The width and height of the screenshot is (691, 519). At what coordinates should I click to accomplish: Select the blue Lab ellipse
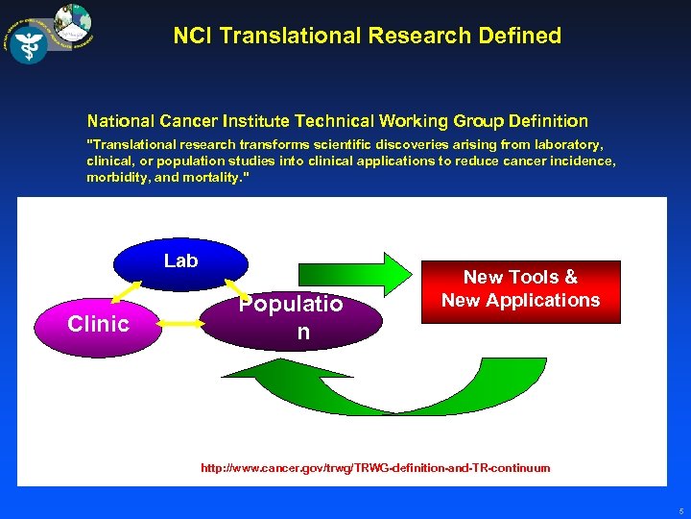(x=180, y=262)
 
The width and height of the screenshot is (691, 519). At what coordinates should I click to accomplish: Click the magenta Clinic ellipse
(x=98, y=324)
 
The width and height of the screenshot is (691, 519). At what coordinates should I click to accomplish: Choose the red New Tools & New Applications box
(x=520, y=290)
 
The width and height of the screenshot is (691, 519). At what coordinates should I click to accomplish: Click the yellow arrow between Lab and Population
(x=234, y=288)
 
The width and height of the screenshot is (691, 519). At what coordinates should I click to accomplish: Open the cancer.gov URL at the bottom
(x=375, y=468)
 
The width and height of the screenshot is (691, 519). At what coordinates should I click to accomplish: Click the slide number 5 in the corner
(x=680, y=510)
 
